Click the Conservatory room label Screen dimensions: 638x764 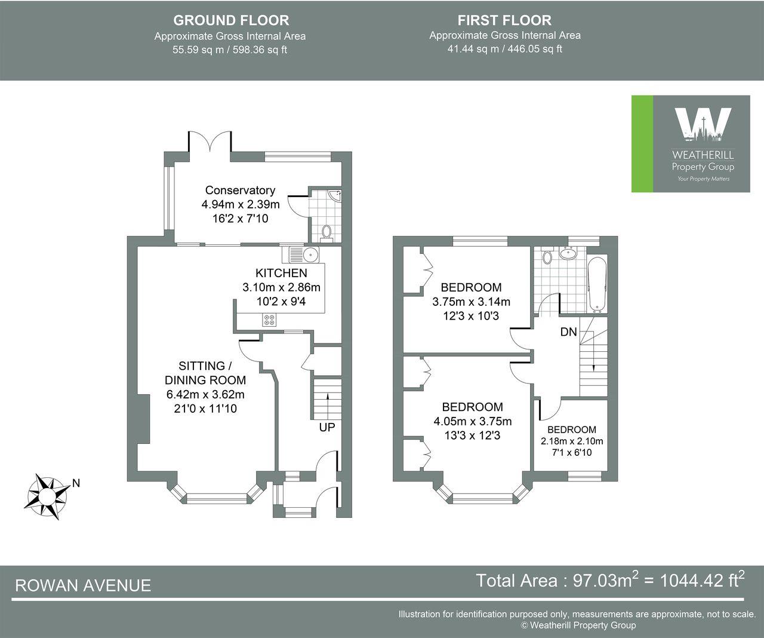[x=240, y=190]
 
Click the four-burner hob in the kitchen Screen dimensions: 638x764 [x=269, y=320]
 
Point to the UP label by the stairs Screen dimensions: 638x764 [x=326, y=427]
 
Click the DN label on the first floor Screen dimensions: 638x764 [x=568, y=332]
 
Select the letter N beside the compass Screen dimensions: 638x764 [x=76, y=483]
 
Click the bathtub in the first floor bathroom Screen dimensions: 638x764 [x=597, y=284]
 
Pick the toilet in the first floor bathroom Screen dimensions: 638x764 [x=546, y=257]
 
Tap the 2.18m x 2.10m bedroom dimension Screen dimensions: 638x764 [x=572, y=441]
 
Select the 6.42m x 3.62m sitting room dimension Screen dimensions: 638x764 [x=205, y=394]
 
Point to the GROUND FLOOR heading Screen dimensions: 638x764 [x=230, y=20]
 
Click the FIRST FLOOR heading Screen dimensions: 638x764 [x=504, y=20]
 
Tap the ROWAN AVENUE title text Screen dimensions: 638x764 [x=83, y=585]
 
